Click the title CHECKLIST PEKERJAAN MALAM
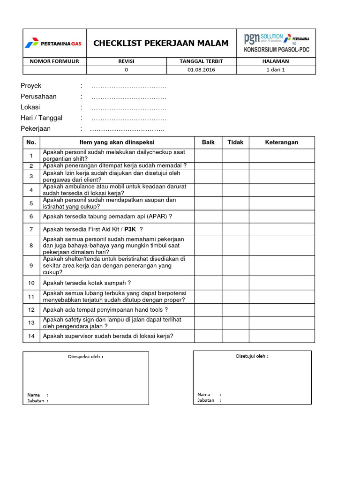click(x=161, y=44)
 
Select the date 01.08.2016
click(x=201, y=70)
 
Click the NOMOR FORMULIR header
click(x=54, y=61)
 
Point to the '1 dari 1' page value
click(x=276, y=70)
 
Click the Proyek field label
click(x=31, y=86)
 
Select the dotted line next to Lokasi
click(x=128, y=107)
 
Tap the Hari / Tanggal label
click(x=41, y=118)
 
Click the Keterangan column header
click(x=282, y=142)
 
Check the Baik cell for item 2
click(x=208, y=166)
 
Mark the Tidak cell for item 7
click(x=235, y=229)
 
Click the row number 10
click(x=31, y=283)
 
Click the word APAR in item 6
click(x=155, y=217)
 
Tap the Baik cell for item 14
click(x=208, y=336)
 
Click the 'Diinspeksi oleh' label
click(x=86, y=357)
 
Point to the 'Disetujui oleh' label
click(x=252, y=356)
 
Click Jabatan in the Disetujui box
click(x=206, y=400)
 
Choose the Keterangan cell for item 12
click(x=282, y=310)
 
